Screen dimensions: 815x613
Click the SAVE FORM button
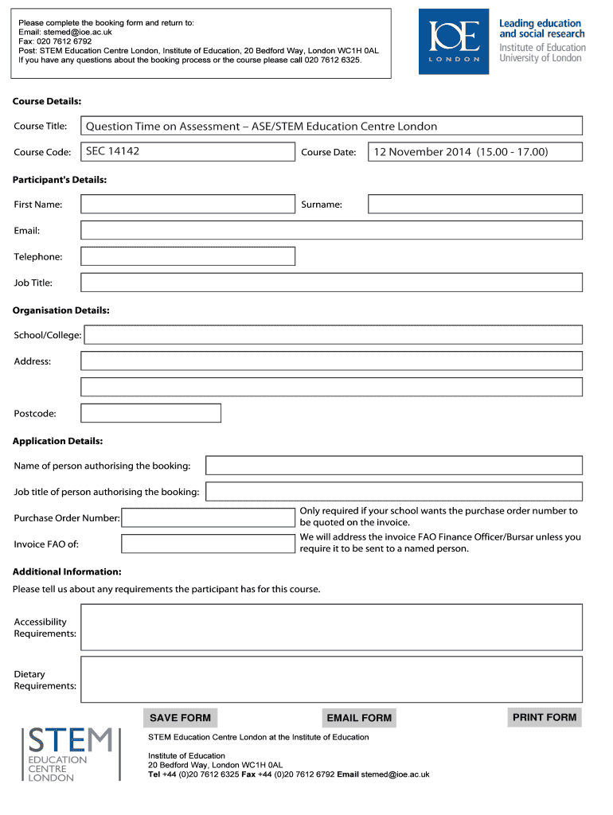180,718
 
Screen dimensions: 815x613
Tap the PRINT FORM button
545,717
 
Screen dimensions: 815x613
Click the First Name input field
188,205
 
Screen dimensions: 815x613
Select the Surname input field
474,205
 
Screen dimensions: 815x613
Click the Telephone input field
188,256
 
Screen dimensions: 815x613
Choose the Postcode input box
151,413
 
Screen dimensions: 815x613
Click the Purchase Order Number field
208,518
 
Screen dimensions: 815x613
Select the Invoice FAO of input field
208,544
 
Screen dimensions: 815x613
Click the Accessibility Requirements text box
331,627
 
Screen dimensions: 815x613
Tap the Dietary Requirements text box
331,679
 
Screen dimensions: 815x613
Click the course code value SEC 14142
112,151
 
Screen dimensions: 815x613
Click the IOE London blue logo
454,41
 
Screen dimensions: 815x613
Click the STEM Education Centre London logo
70,754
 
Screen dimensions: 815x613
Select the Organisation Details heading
61,310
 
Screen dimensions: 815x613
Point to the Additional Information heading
67,571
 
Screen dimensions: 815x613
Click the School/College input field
333,335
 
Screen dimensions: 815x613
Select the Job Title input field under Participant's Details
331,283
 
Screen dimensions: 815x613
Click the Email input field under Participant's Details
331,230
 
